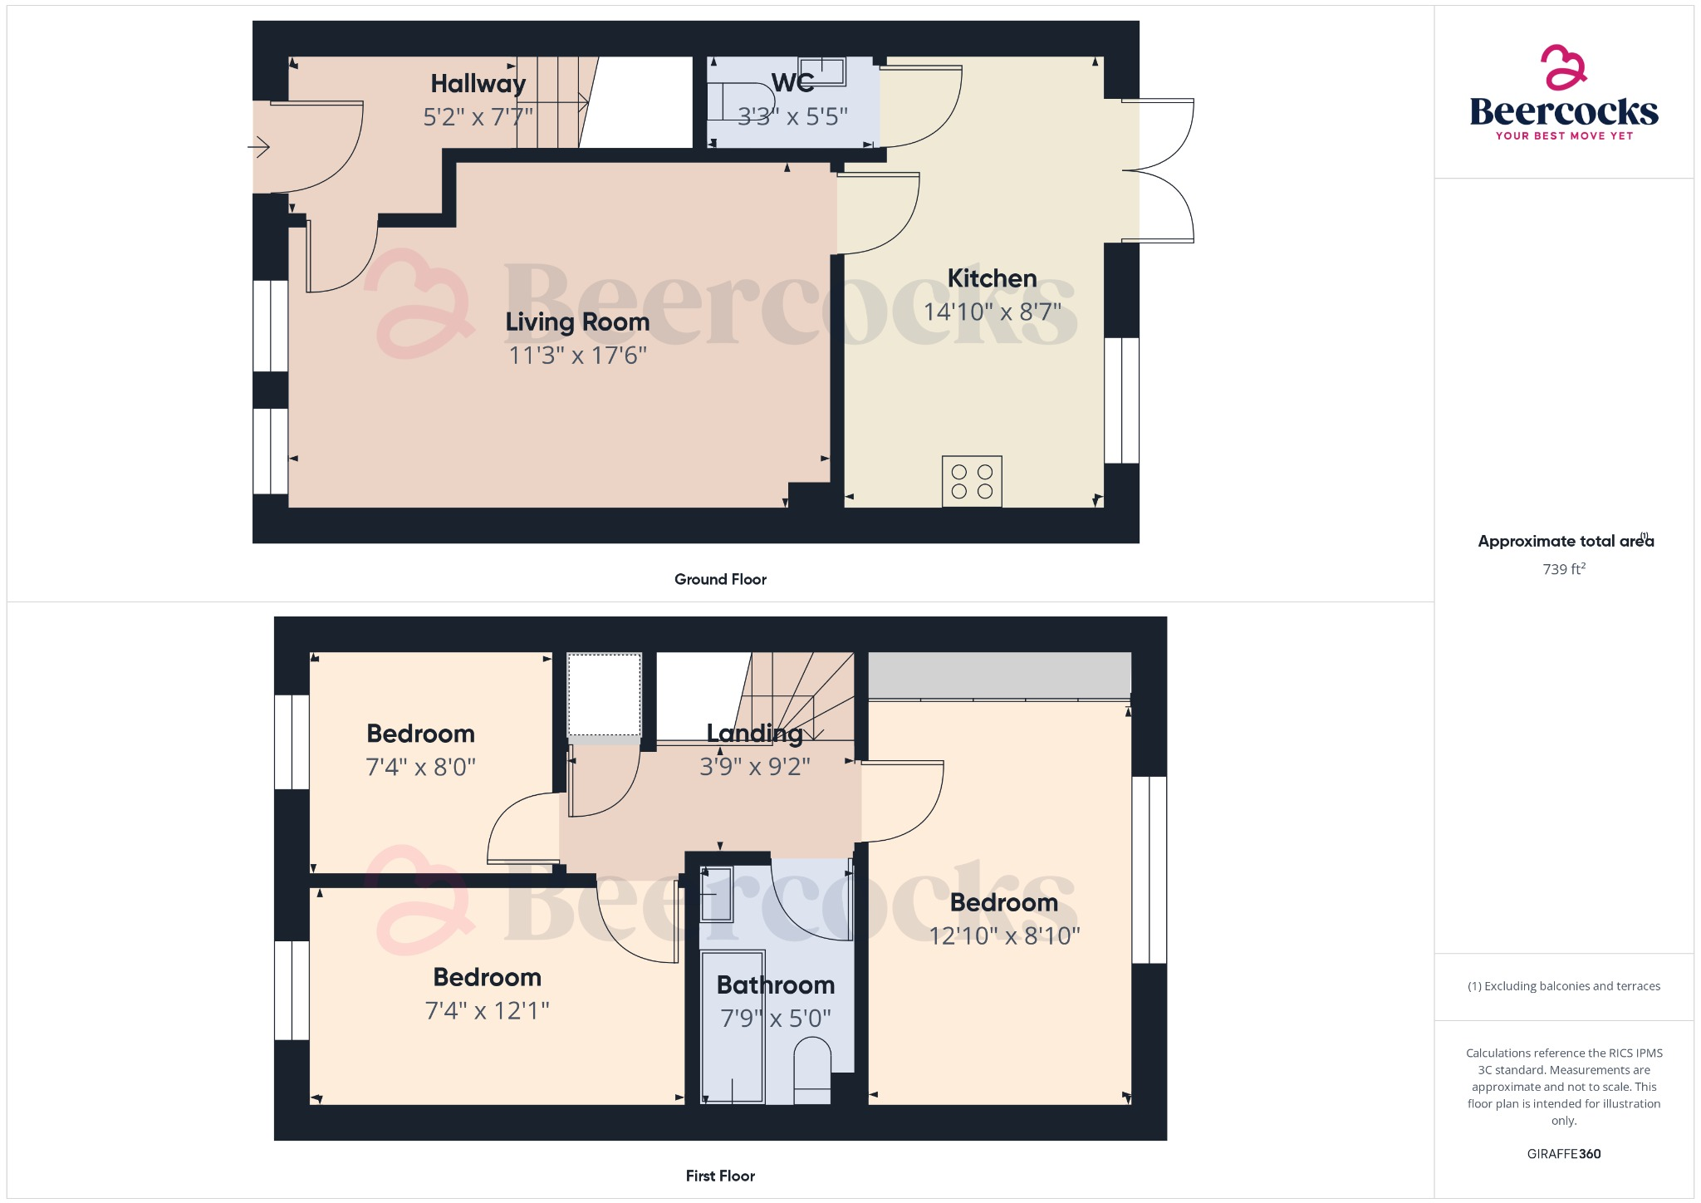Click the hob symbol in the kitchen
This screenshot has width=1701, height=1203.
(x=972, y=481)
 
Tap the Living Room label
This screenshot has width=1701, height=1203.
(x=577, y=322)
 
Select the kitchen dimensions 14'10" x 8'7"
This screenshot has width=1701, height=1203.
(x=993, y=312)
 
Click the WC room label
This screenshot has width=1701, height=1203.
(x=792, y=82)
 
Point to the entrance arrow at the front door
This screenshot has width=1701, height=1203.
(x=259, y=148)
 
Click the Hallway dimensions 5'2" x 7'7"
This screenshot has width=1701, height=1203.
(x=478, y=116)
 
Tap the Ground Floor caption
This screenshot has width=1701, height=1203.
(x=720, y=579)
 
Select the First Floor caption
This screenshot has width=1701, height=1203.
(x=720, y=1176)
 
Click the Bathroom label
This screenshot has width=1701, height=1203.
(x=776, y=984)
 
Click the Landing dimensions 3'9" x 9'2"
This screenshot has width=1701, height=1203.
(x=754, y=766)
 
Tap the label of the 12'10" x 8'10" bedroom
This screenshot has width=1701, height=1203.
(x=1004, y=902)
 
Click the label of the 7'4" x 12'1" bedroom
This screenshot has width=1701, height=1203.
(x=488, y=977)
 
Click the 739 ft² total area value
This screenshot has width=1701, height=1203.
(x=1564, y=569)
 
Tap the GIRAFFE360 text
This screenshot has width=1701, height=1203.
(x=1564, y=1154)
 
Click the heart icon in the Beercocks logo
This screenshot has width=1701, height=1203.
(x=1563, y=67)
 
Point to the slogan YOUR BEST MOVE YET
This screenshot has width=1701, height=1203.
(x=1564, y=135)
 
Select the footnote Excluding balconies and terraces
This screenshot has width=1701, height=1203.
(x=1564, y=986)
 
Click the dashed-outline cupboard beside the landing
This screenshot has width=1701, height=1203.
(x=604, y=695)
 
